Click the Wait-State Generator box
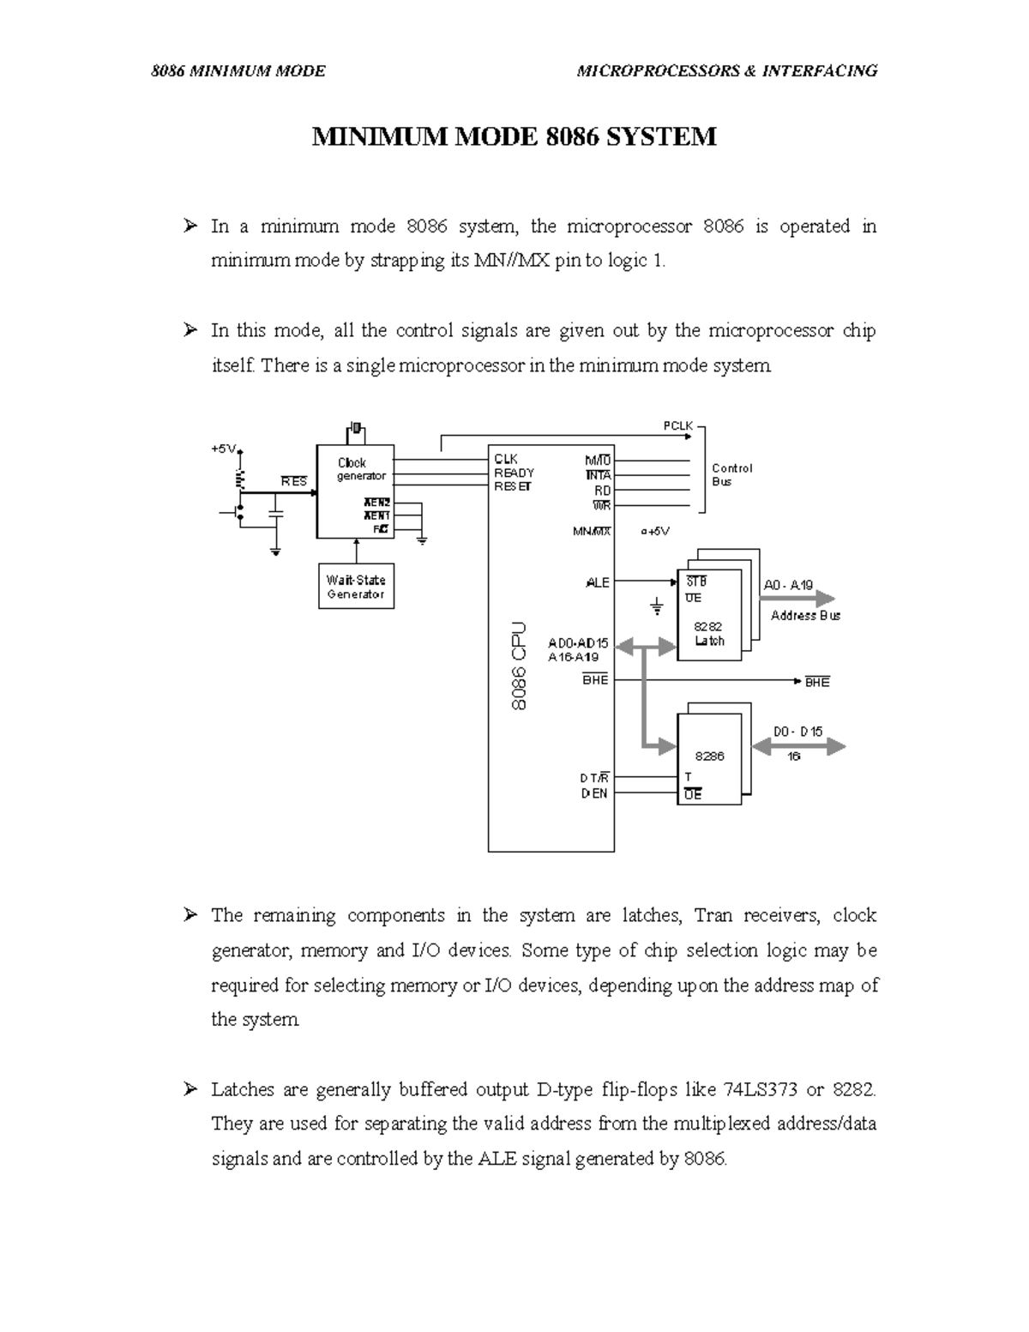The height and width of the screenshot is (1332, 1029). coord(356,587)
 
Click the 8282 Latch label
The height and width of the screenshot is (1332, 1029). coord(709,634)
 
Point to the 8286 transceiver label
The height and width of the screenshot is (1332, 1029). coord(709,756)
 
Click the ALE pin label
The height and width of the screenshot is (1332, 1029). coord(597,582)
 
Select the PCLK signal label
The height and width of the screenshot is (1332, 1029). coord(677,425)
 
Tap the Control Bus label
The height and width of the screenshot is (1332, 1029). coord(731,474)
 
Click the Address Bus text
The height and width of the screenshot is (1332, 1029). coord(805,615)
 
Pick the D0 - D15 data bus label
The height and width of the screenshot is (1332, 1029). coord(797,732)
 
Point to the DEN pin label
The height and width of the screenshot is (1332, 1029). coord(594,793)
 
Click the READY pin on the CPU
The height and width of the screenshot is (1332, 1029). coord(514,473)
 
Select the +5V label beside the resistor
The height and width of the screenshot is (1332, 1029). coord(223,449)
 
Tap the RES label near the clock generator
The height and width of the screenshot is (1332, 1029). coord(293,482)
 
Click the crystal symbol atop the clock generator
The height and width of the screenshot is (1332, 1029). coord(356,428)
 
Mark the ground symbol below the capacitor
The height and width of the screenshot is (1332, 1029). coord(275,551)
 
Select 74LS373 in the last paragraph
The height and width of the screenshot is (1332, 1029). coord(761,1089)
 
